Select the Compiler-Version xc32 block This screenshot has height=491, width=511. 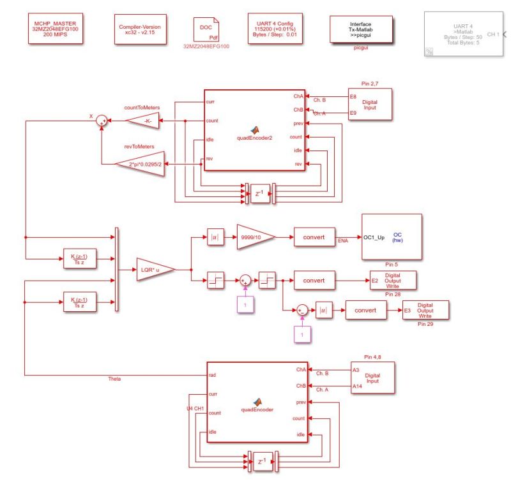pos(140,31)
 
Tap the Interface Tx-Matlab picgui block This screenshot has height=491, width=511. pos(360,29)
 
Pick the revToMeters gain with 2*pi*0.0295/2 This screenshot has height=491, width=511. pos(142,164)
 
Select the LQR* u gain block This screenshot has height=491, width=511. pos(154,269)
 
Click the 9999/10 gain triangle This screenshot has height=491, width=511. pos(256,237)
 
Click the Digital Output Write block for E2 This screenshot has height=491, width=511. pos(393,280)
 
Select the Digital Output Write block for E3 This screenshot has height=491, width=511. pos(425,311)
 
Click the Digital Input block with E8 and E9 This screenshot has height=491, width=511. pos(369,105)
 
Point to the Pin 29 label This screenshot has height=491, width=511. pos(425,325)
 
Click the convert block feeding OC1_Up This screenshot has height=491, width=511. pos(314,237)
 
